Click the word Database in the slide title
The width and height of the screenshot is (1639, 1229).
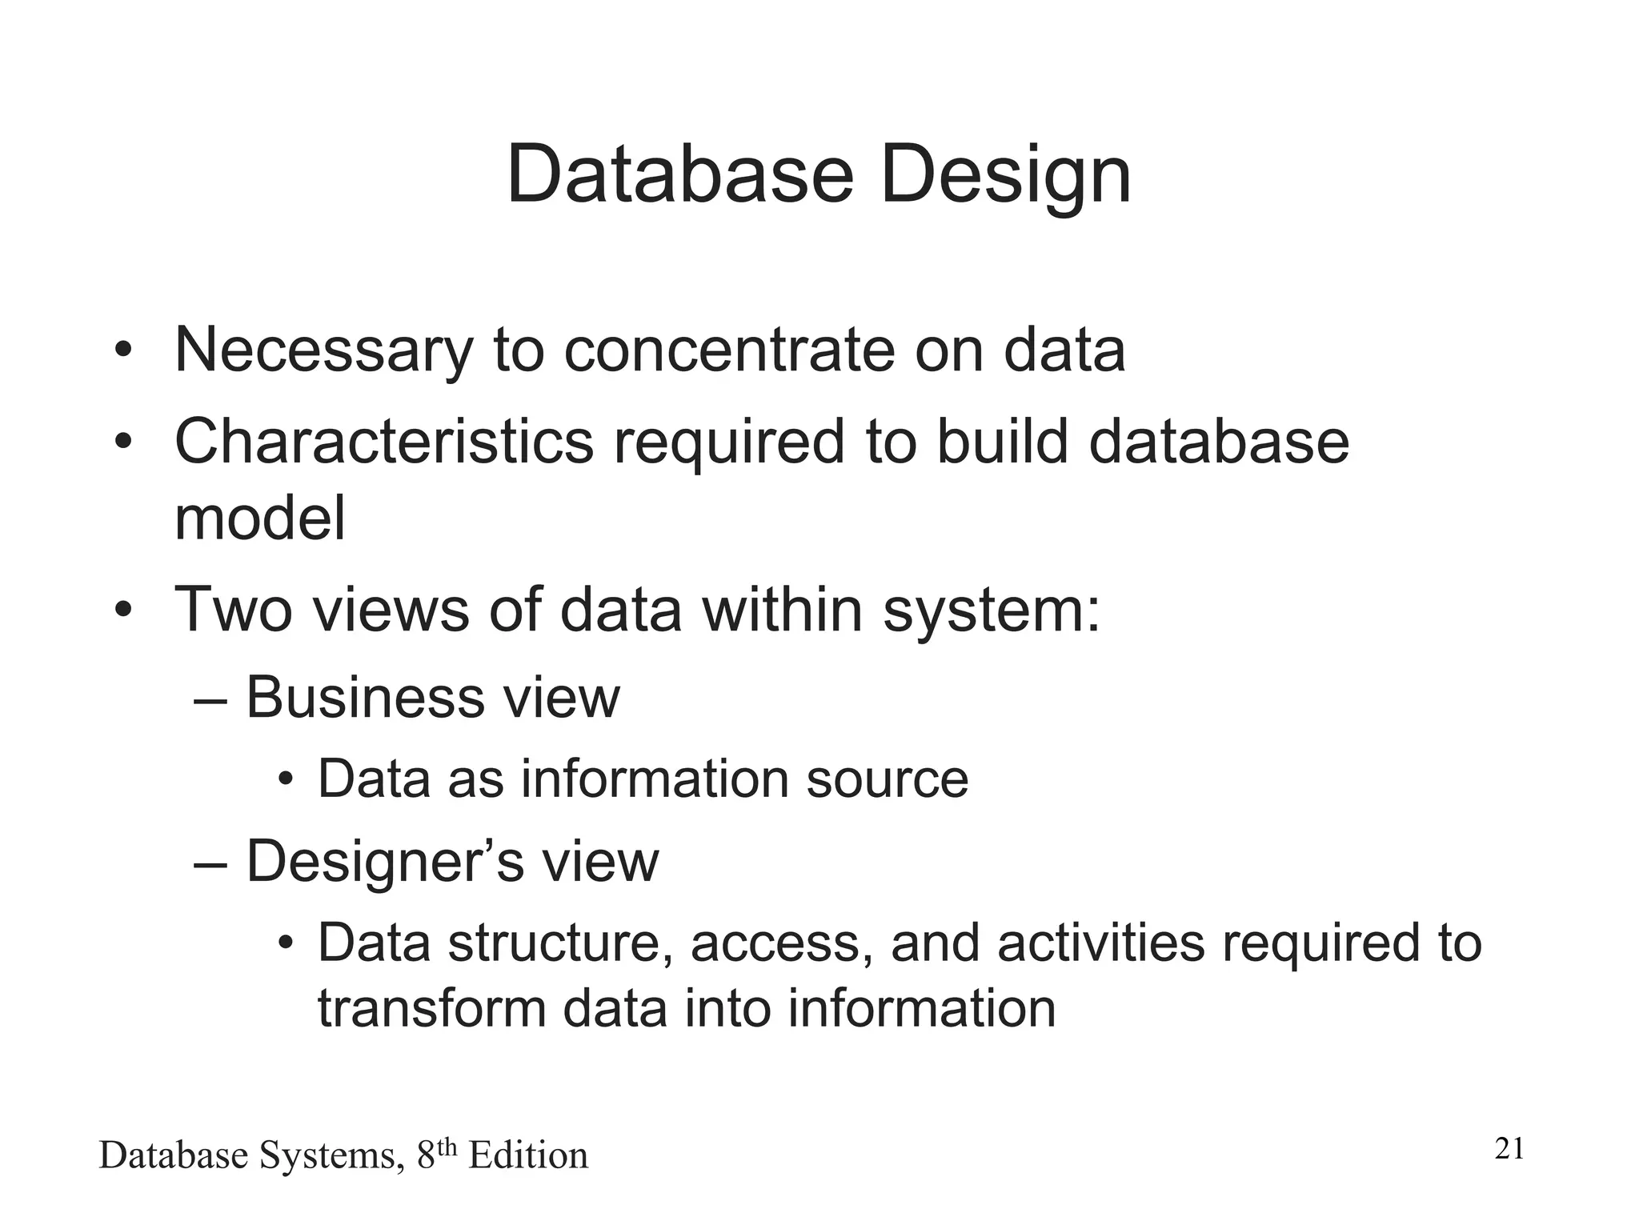680,174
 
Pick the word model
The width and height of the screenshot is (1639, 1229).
260,518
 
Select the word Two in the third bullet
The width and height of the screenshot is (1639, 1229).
233,610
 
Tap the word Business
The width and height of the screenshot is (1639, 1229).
365,698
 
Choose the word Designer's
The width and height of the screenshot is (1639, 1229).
384,862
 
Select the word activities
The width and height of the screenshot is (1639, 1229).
1101,943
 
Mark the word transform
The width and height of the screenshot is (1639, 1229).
431,1008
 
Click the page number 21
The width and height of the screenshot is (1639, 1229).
1509,1149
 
